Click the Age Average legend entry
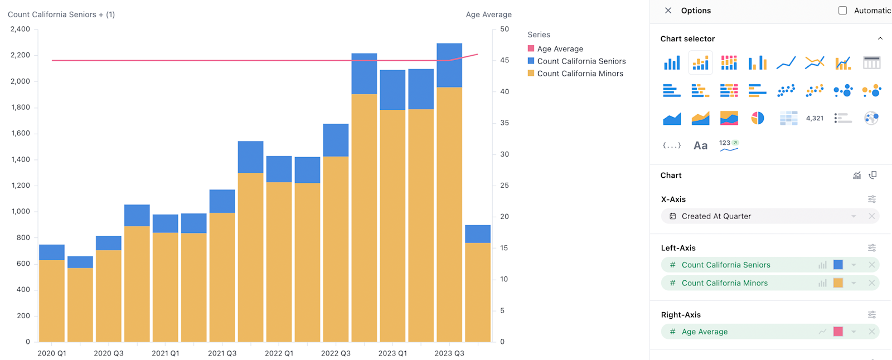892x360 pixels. pos(560,49)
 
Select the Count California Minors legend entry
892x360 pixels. pos(580,74)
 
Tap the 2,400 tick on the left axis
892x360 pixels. pos(20,30)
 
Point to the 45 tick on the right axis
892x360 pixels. pos(504,60)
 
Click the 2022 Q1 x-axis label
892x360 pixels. pos(279,353)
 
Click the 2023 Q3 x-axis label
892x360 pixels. pos(449,353)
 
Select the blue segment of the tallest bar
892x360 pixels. pos(449,65)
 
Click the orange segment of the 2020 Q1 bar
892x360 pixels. pos(52,301)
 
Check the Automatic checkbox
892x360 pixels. pos(842,11)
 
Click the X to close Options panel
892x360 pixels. pos(668,11)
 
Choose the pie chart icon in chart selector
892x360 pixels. pos(757,118)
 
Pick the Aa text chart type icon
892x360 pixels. pos(700,145)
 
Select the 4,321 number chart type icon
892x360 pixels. pos(815,118)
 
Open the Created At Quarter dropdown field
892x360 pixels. pos(769,216)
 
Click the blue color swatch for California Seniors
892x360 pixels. pos(838,265)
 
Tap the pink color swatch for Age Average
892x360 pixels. pos(838,332)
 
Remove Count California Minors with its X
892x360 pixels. pos(872,283)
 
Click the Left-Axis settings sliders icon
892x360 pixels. pos(872,248)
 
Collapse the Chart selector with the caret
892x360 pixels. pos(880,38)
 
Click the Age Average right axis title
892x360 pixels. pos(488,14)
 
